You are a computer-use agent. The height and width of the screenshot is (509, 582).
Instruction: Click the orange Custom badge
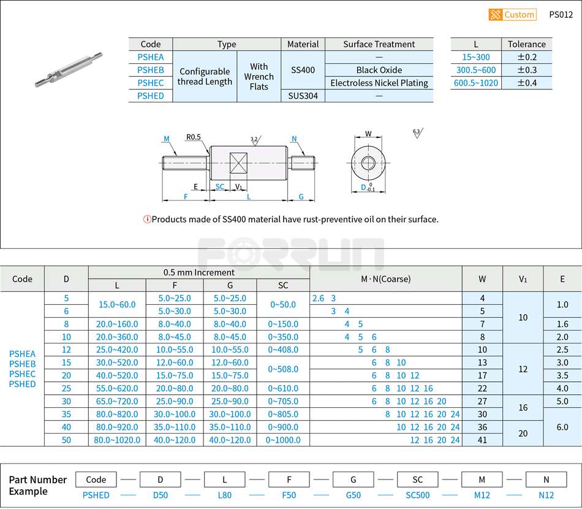[x=512, y=15]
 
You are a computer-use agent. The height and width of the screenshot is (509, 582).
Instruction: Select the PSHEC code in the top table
[x=151, y=83]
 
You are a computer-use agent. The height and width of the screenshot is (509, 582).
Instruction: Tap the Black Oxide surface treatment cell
[x=379, y=70]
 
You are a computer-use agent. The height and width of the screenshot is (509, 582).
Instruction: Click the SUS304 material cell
[x=303, y=96]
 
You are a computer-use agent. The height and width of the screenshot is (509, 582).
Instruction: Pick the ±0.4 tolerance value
[x=526, y=83]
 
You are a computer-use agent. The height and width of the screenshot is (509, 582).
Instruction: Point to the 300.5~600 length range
[x=476, y=70]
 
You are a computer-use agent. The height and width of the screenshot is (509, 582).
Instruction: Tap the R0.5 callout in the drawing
[x=194, y=137]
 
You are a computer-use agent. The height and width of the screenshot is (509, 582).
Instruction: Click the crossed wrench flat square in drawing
[x=237, y=163]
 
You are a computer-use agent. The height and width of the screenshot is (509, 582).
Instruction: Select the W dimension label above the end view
[x=368, y=134]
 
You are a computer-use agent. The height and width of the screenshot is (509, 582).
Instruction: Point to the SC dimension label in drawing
[x=219, y=187]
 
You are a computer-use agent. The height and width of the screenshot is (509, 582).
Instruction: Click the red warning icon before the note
[x=147, y=220]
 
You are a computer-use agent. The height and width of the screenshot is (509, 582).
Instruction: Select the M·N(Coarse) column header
[x=385, y=278]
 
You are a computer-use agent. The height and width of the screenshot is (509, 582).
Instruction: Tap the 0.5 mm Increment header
[x=198, y=272]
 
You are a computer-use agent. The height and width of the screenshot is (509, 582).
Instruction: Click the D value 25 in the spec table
[x=66, y=388]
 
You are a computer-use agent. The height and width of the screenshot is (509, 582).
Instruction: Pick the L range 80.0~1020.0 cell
[x=117, y=440]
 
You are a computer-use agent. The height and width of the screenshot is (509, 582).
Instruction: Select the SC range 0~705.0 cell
[x=283, y=401]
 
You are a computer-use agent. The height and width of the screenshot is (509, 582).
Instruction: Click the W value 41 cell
[x=482, y=440]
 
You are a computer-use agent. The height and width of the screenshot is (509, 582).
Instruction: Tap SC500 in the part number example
[x=418, y=495]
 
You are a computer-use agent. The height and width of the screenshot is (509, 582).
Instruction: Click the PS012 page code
[x=561, y=15]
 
